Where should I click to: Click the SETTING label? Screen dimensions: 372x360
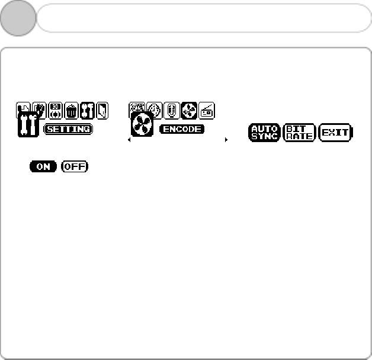click(68, 128)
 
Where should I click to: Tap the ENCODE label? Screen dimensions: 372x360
click(181, 128)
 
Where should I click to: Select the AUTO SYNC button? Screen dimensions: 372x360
click(264, 132)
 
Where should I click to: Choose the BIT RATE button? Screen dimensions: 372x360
click(299, 132)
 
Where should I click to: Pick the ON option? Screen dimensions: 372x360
click(43, 166)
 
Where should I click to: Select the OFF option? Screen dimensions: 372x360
click(74, 166)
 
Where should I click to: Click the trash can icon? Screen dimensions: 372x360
click(72, 110)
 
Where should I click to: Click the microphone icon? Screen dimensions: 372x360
click(171, 110)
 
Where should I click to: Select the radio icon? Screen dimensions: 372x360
click(207, 110)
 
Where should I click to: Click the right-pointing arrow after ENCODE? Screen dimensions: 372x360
click(226, 140)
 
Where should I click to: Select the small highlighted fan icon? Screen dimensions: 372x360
click(189, 110)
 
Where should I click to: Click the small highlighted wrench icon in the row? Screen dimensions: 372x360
click(88, 110)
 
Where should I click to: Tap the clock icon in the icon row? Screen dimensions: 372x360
click(154, 110)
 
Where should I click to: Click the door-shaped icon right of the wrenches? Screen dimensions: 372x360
click(102, 110)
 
